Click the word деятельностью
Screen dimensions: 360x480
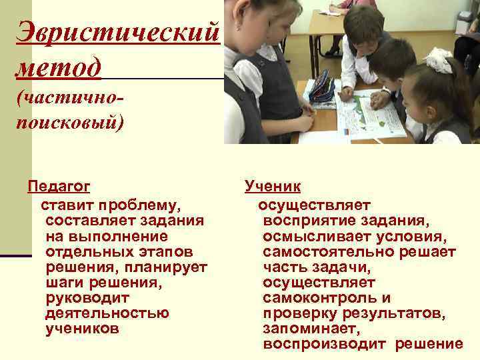pos(107,313)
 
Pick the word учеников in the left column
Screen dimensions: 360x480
pos(82,329)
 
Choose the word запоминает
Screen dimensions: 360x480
pos(311,329)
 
